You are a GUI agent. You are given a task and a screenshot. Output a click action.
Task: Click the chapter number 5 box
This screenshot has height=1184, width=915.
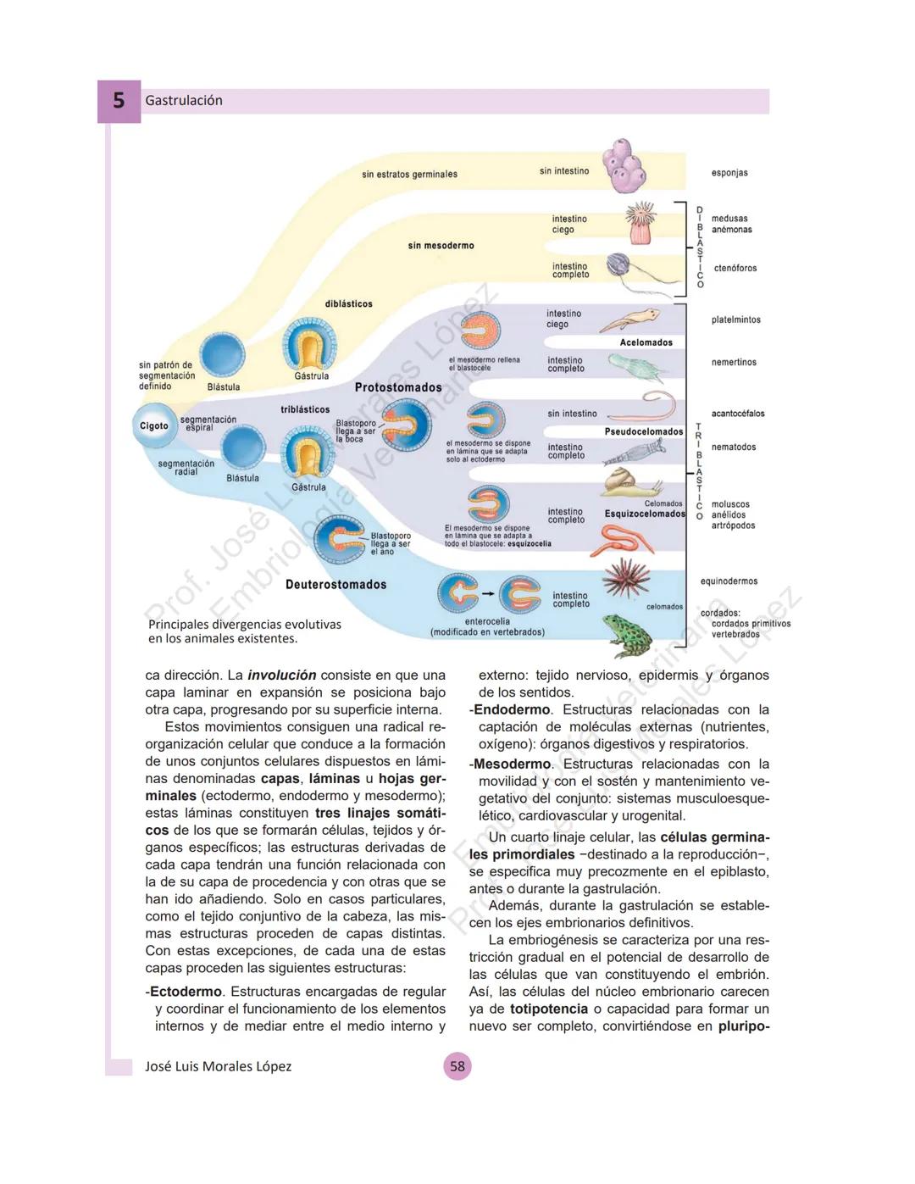[119, 101]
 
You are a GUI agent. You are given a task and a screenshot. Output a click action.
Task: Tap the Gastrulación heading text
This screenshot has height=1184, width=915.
[184, 101]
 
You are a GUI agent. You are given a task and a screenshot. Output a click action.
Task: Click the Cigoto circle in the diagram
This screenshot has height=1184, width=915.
[153, 425]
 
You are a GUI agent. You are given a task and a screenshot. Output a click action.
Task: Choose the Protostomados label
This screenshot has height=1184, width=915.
[398, 387]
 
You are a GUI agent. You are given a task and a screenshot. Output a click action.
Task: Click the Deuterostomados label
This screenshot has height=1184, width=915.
[335, 585]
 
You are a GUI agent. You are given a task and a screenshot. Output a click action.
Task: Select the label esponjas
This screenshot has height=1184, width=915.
[729, 173]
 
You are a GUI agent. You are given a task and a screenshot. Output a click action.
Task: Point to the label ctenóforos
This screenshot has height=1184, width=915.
[735, 269]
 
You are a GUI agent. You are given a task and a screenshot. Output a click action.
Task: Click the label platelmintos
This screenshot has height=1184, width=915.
[736, 320]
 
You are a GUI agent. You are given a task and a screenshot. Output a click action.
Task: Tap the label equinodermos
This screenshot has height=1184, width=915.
[729, 581]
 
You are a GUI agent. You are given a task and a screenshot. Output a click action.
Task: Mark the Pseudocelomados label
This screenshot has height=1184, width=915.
[644, 432]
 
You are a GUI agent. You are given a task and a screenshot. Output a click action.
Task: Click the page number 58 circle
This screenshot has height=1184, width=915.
[457, 1066]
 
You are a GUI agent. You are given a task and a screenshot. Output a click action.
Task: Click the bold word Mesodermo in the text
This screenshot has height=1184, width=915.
[512, 764]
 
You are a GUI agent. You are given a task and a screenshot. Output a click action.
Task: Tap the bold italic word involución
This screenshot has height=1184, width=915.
[281, 675]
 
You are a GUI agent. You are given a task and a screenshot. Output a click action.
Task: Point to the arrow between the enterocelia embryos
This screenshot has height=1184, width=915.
[489, 594]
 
